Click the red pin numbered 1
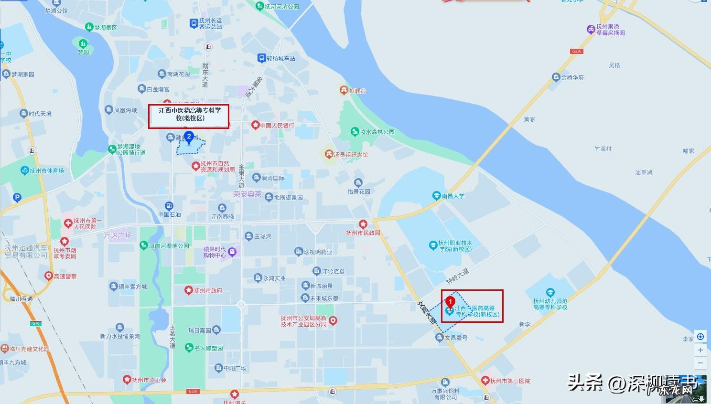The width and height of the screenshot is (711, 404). [450, 302]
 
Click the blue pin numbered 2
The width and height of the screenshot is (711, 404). [189, 138]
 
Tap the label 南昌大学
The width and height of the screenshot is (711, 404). [452, 196]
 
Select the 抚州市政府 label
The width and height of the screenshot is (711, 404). [207, 290]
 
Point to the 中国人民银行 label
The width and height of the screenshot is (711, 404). [277, 126]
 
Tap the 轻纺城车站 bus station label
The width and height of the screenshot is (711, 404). [280, 58]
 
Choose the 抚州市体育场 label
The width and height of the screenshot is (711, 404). [46, 170]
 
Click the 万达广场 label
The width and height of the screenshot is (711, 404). [118, 235]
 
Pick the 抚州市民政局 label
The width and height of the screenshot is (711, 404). [363, 233]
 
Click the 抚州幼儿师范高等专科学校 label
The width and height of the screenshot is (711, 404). [550, 304]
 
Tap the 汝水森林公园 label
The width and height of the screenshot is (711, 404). [377, 132]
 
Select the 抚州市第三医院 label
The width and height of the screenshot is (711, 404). [510, 381]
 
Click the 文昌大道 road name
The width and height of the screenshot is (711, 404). [427, 313]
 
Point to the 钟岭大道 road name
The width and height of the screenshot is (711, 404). [457, 276]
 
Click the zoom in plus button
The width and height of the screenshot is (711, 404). [700, 350]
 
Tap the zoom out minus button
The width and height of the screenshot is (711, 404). [700, 363]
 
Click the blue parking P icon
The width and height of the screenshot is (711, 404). [17, 197]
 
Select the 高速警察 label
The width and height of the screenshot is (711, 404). [65, 276]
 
